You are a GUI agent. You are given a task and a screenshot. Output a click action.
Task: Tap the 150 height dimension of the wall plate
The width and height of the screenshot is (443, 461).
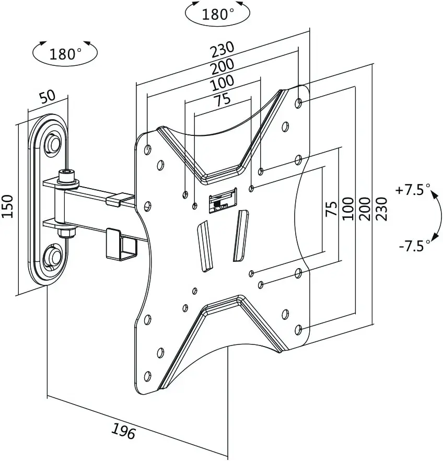pyautogui.click(x=8, y=206)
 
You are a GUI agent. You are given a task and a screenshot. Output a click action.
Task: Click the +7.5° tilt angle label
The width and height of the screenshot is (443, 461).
pyautogui.click(x=413, y=190)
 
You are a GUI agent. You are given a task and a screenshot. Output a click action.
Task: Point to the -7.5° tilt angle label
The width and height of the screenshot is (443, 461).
pyautogui.click(x=414, y=246)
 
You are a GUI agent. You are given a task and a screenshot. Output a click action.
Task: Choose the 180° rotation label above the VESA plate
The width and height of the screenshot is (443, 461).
pyautogui.click(x=218, y=14)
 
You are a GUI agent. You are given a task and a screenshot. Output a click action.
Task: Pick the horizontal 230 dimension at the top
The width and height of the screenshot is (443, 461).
pyautogui.click(x=223, y=49)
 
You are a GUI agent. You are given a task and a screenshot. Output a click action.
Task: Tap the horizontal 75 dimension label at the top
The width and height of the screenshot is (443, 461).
pyautogui.click(x=223, y=100)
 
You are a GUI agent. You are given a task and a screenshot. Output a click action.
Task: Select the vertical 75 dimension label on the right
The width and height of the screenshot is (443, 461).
pyautogui.click(x=332, y=209)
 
